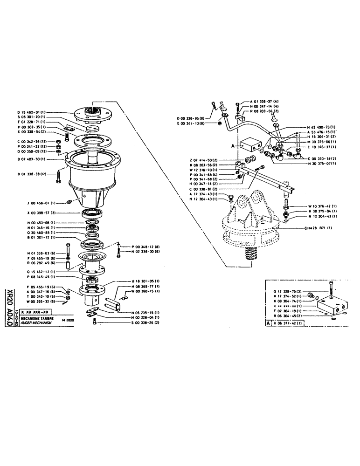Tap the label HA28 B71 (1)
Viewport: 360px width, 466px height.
(317, 228)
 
